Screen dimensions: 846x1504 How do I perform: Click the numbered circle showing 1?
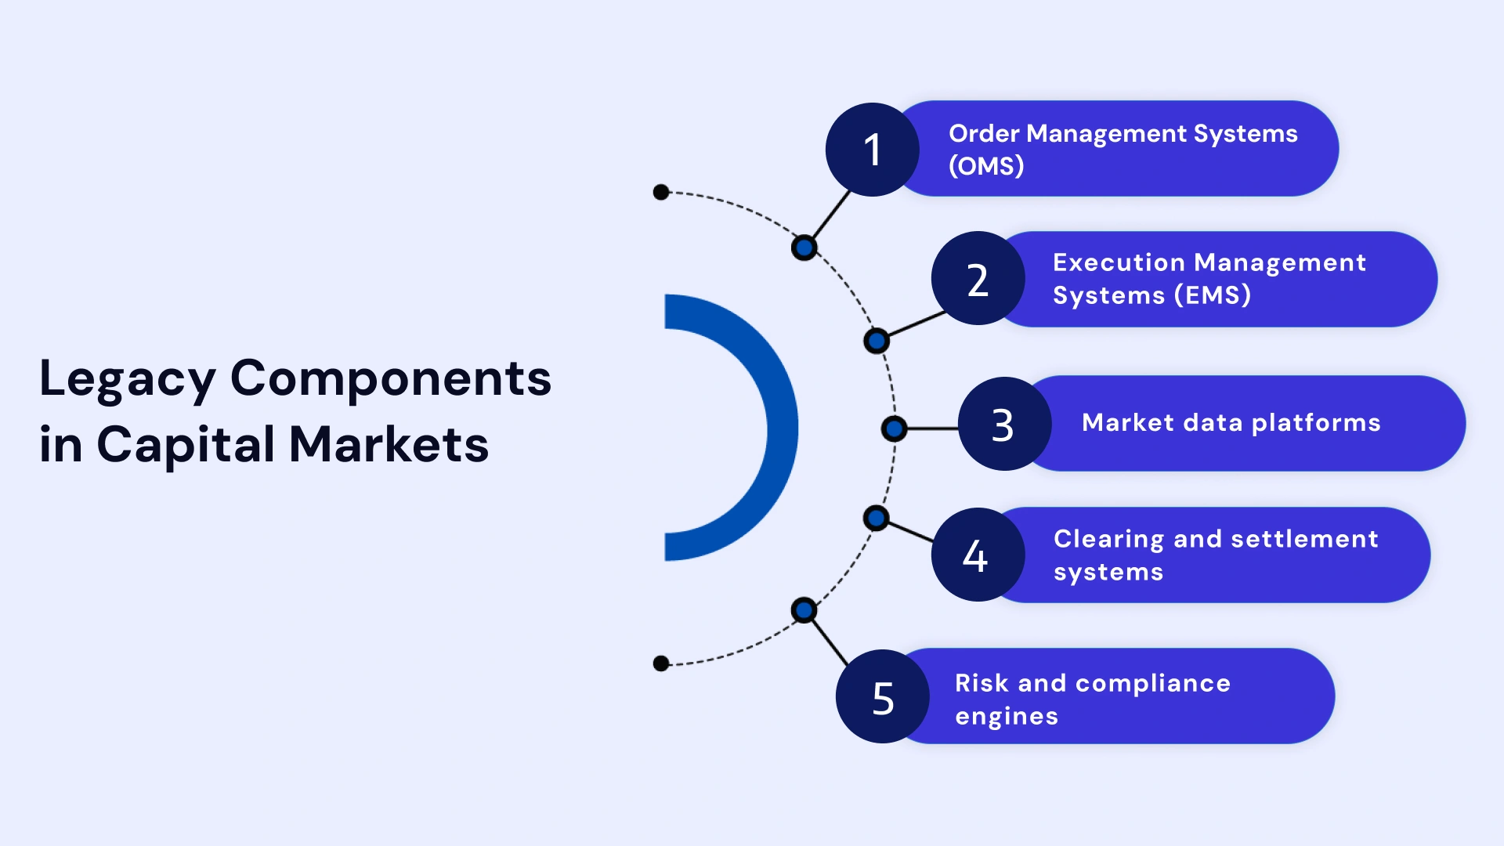coord(872,150)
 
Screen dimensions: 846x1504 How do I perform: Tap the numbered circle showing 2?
coord(978,279)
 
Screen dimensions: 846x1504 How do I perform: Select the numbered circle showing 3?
coord(1003,425)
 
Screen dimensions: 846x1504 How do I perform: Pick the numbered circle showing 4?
coord(977,555)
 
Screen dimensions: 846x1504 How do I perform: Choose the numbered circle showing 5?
coord(882,696)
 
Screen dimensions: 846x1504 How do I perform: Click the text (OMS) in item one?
coord(986,166)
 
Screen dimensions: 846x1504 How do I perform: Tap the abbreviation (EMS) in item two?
coord(1213,295)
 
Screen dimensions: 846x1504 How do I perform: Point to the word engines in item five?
coord(1007,716)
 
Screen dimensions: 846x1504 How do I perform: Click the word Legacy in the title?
coord(127,379)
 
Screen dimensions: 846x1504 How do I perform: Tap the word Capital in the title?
coord(186,445)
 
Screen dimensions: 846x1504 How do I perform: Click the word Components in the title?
coord(390,379)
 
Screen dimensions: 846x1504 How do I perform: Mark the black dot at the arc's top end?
coord(661,192)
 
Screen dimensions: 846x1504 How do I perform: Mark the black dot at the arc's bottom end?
coord(661,663)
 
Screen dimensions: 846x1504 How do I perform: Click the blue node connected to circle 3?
coord(894,428)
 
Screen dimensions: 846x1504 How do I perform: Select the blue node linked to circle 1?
coord(804,248)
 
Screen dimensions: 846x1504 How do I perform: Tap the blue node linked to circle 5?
coord(804,610)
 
